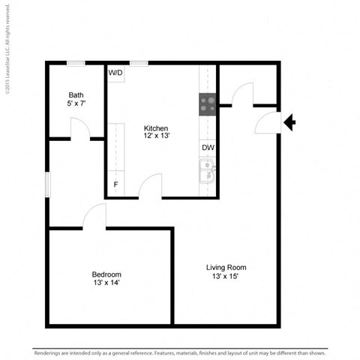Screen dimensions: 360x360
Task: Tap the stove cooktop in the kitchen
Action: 208,104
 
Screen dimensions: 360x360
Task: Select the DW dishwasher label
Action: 208,148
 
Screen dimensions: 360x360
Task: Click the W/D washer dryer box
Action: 115,73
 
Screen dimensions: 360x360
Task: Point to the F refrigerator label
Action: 115,184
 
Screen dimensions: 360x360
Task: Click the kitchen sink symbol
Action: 206,175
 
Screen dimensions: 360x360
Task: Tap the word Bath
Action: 76,95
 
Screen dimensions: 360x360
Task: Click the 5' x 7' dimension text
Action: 76,103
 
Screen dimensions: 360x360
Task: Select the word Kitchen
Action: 156,128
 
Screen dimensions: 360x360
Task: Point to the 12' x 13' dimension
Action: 156,136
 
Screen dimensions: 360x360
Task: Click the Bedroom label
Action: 106,274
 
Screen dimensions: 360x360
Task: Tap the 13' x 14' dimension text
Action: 106,283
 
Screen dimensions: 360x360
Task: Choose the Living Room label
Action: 226,268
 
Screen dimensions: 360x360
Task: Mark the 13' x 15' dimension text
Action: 226,277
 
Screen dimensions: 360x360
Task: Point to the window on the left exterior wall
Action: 47,184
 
